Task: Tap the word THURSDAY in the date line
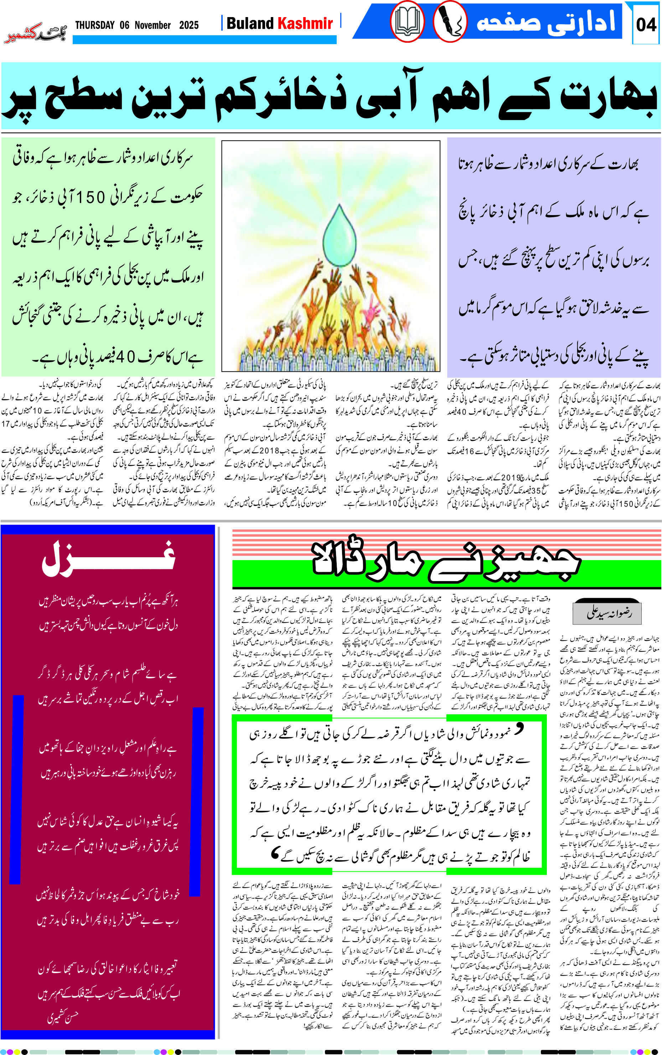(x=94, y=25)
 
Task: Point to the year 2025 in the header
(x=189, y=25)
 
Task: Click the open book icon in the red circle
(x=407, y=21)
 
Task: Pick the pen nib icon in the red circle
(x=450, y=21)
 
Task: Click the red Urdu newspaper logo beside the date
(x=35, y=33)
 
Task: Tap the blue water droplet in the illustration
(x=339, y=234)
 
